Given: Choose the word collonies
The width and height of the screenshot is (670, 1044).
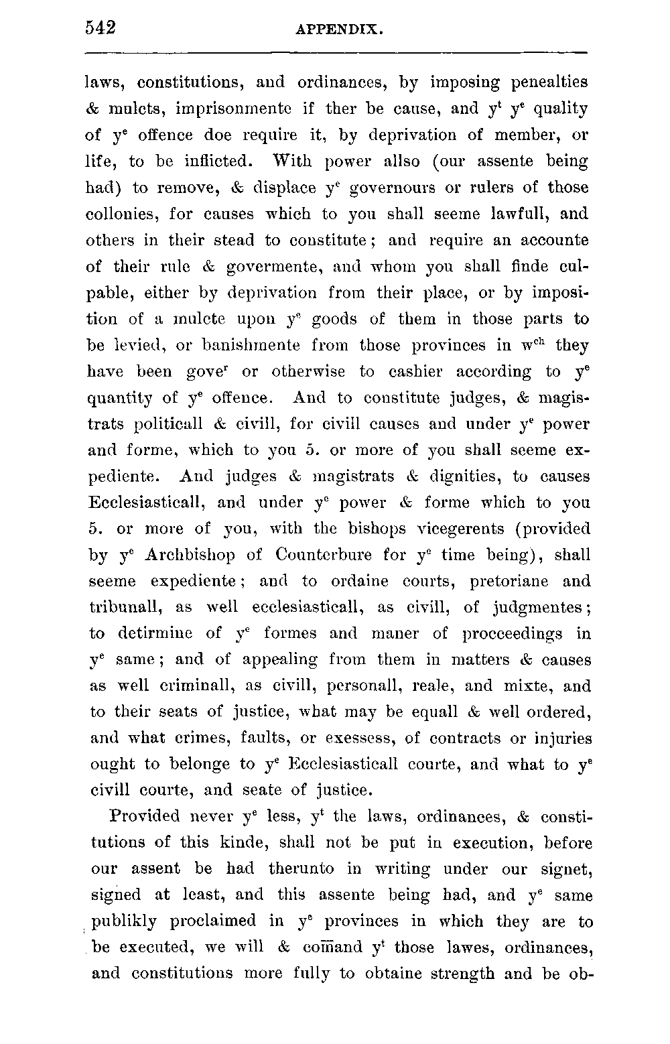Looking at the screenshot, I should pyautogui.click(x=123, y=214).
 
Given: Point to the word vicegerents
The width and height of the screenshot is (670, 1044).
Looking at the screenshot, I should pyautogui.click(x=460, y=529).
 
